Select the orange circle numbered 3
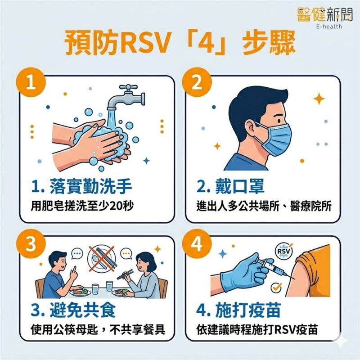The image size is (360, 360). (31, 244)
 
